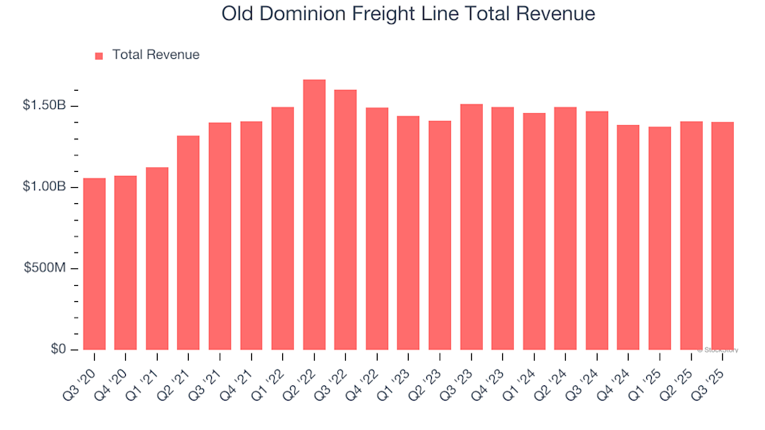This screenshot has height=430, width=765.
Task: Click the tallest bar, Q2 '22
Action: tap(314, 215)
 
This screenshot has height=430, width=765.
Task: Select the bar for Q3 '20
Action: tap(94, 264)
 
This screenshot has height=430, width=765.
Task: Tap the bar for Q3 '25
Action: tap(723, 236)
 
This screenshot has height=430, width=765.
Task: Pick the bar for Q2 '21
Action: tap(188, 243)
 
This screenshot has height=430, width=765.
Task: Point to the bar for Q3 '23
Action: tap(471, 227)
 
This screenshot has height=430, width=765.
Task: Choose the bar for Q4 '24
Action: tap(628, 237)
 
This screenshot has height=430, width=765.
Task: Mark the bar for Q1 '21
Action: tap(157, 259)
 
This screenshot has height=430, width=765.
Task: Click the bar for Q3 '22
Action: tap(345, 220)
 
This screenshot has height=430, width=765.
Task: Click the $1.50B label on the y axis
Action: tap(45, 106)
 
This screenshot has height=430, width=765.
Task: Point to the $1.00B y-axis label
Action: tap(45, 187)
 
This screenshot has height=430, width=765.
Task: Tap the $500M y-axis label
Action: tap(48, 268)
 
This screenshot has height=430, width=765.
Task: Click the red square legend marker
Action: tap(99, 56)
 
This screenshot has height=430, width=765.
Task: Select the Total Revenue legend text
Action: tap(155, 55)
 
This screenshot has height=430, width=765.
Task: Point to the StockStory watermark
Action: tap(718, 350)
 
